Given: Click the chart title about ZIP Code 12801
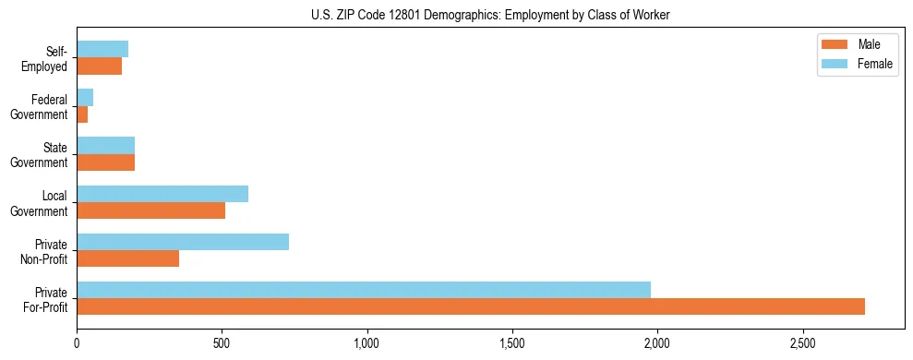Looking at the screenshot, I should point(456,16).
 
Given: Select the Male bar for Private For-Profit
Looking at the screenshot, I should point(471,306).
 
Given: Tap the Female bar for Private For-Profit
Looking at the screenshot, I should point(364,290).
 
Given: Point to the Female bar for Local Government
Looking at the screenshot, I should point(162,194).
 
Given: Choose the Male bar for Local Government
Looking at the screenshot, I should point(151,210).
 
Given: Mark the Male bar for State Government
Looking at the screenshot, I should point(106,162).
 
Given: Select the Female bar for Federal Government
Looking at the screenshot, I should point(85,98).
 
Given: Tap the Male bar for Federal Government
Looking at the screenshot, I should point(82,114).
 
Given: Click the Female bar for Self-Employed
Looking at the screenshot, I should point(102,49).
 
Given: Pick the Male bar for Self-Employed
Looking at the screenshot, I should point(100,66).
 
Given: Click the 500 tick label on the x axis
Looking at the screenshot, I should point(222,342).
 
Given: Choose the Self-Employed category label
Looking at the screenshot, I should point(49,58).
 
